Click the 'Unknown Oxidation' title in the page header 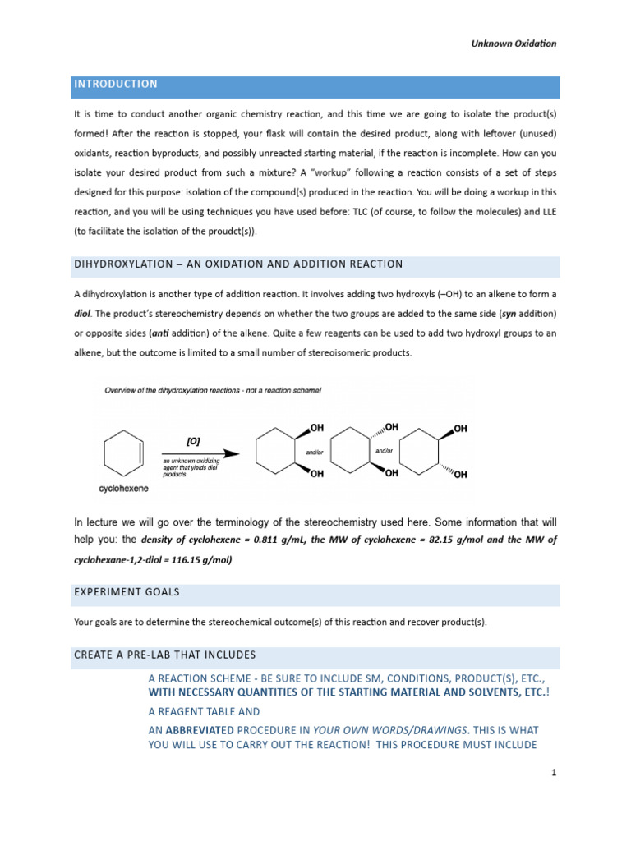(x=513, y=44)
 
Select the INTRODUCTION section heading (x=116, y=85)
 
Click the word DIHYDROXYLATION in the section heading (x=127, y=264)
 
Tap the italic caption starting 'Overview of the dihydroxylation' (x=213, y=391)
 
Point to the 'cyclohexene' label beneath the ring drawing (x=122, y=488)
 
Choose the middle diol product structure (x=364, y=451)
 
